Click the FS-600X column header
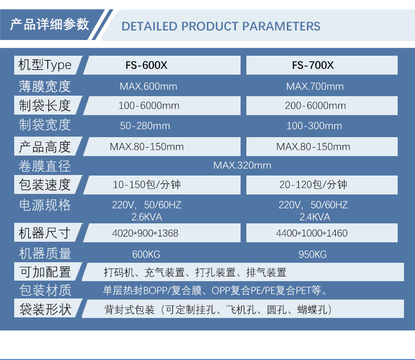tap(147, 65)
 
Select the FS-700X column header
tap(313, 65)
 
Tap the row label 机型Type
tap(45, 65)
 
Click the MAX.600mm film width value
tap(148, 86)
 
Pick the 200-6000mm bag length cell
tap(315, 106)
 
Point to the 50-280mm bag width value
tap(145, 126)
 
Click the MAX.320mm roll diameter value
tap(242, 166)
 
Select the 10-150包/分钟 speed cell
tap(147, 184)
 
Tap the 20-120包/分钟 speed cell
tap(313, 184)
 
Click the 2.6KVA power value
tap(147, 217)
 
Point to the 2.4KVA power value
tap(315, 217)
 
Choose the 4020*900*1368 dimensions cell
tap(145, 233)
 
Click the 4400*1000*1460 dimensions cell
tap(312, 233)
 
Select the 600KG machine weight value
tap(146, 254)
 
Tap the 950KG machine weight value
tap(313, 254)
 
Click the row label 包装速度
tap(45, 185)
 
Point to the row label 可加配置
tap(45, 272)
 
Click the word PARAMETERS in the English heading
tap(281, 26)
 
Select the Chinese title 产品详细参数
tap(49, 24)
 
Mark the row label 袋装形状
tap(45, 309)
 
